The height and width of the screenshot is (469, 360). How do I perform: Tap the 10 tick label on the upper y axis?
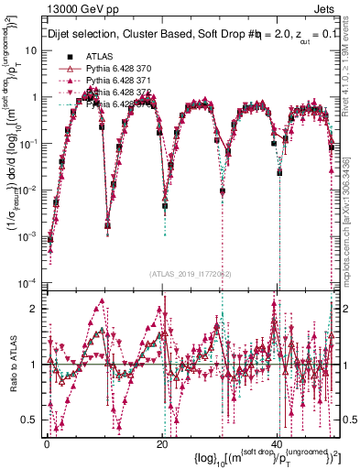click(32, 49)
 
